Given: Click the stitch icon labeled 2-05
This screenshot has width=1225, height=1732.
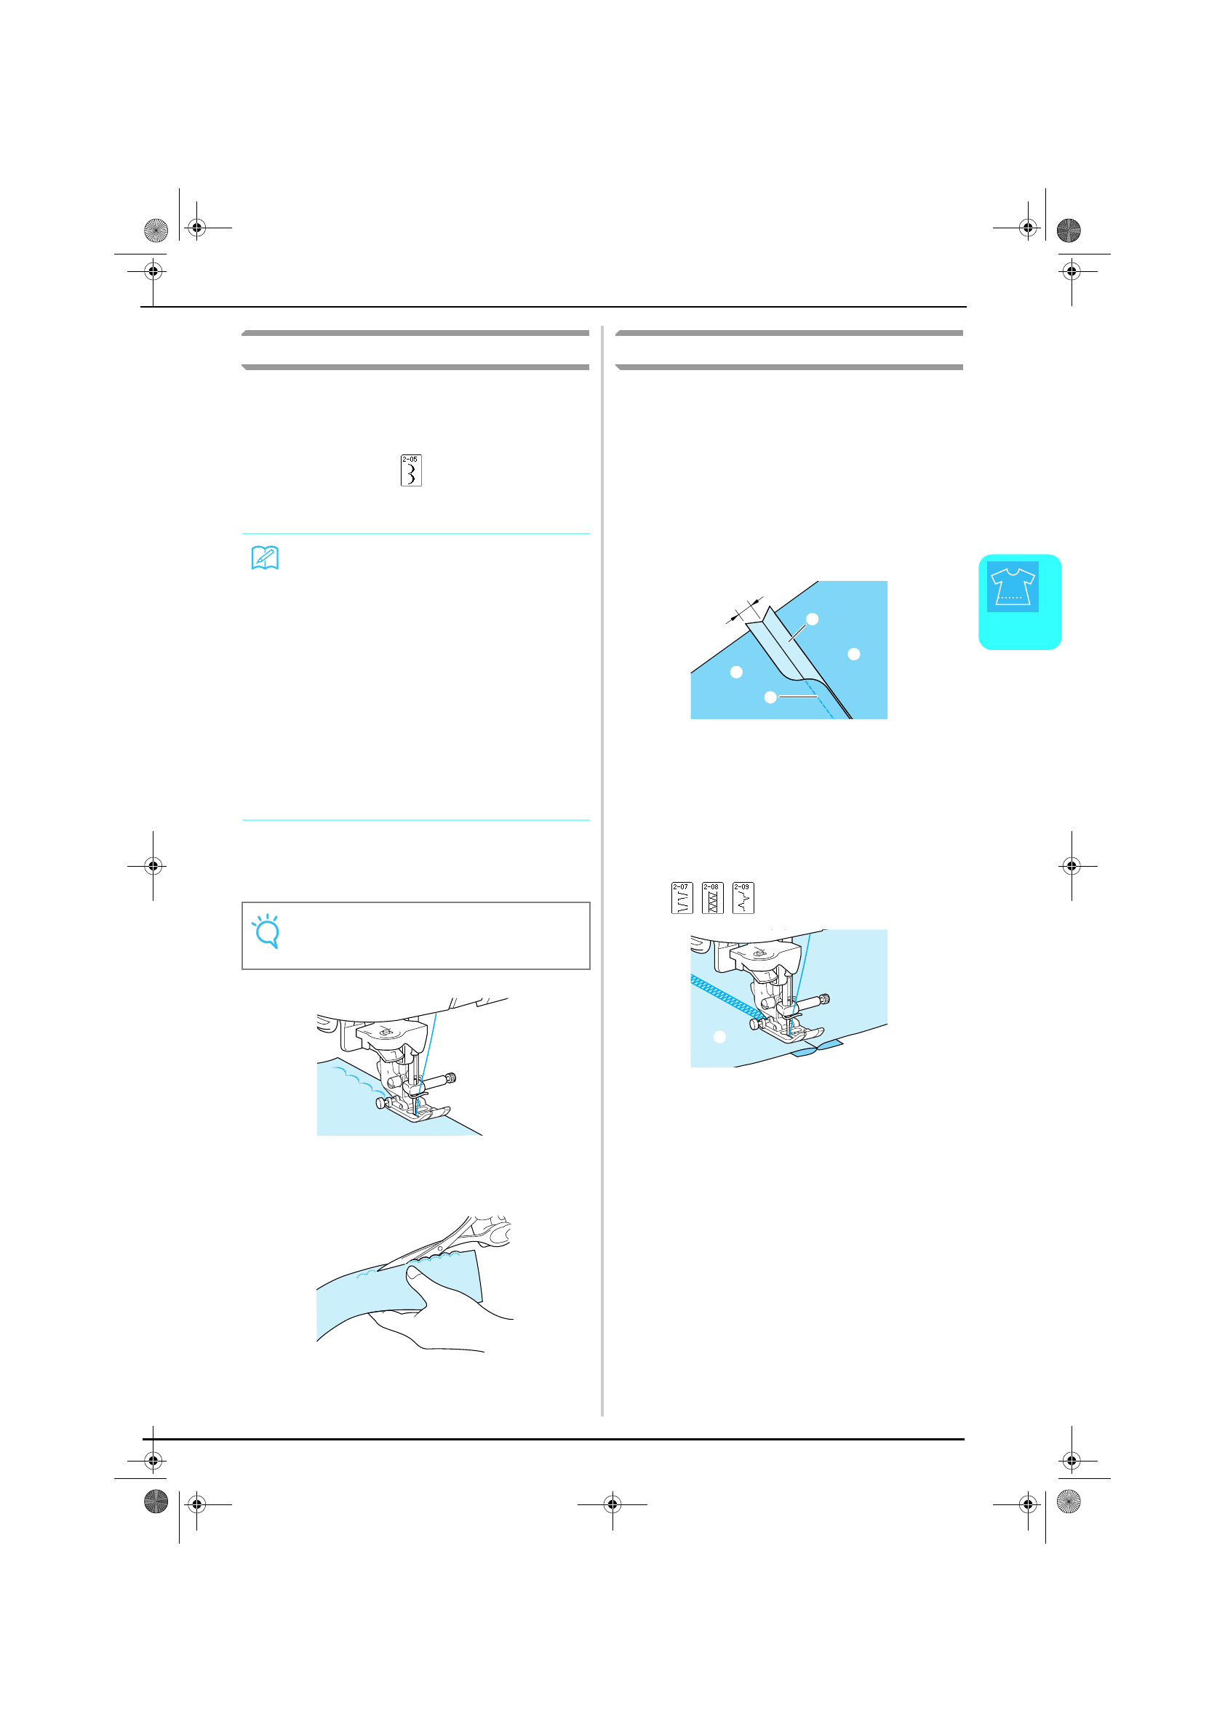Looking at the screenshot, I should tap(410, 470).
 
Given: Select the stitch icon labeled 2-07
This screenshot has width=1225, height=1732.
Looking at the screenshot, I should tap(682, 898).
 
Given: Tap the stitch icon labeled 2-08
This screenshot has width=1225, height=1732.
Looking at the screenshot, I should tap(711, 898).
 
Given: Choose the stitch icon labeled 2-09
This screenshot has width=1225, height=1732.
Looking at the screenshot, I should tap(743, 898).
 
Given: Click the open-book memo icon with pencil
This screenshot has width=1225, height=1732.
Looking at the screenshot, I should tap(265, 558).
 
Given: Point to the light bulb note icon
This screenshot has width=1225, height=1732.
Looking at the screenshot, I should tap(266, 931).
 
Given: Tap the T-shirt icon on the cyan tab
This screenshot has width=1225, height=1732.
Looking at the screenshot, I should tap(1012, 586).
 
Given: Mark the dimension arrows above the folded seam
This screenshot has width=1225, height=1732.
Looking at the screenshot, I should tap(744, 609).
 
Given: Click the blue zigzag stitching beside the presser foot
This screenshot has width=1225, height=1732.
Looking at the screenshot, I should tap(721, 995).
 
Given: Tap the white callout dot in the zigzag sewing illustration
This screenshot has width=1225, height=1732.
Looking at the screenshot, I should tap(719, 1038).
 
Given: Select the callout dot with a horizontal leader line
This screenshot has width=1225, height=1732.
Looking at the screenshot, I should tap(770, 697).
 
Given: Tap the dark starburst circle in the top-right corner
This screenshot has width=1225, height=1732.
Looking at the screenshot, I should tap(1068, 230).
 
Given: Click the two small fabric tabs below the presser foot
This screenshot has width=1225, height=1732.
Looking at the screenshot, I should tap(817, 1049).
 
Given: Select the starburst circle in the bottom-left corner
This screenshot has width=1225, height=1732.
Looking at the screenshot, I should tap(156, 1502).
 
